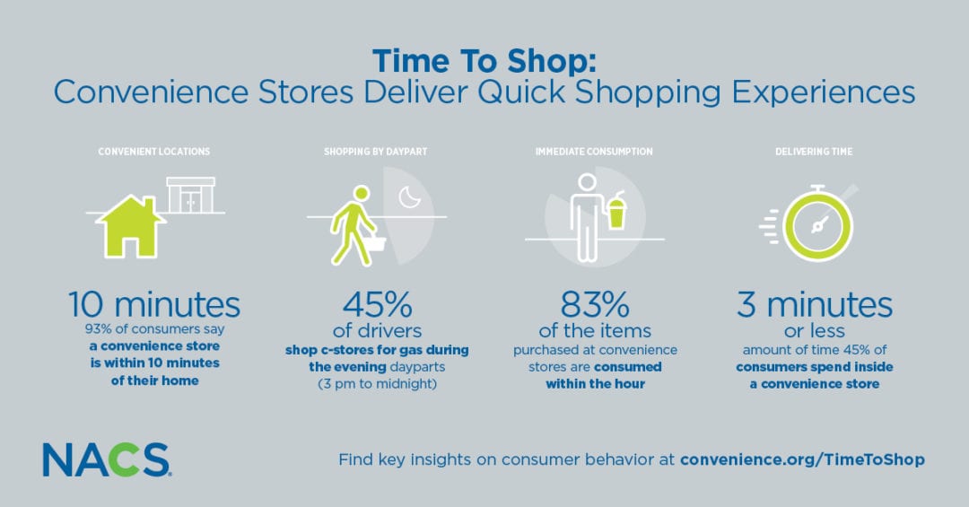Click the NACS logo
pos(106,459)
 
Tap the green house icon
pos(130,226)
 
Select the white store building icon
pos(191,196)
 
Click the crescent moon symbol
pos(409,197)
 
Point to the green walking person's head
pos(361,194)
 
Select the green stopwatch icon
pos(817,223)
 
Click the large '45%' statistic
pos(378,304)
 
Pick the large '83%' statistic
pos(595,304)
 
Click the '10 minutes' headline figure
pos(154,304)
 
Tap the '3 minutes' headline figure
pos(815,304)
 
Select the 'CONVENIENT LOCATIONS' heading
pos(154,152)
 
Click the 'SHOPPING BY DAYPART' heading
pos(376,152)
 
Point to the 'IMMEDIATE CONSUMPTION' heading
pos(594,152)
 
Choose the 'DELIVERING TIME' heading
pos(814,152)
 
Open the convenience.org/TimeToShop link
pos(802,459)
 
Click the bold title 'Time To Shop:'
pos(484,61)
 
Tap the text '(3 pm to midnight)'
pos(377,384)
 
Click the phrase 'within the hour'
pos(595,384)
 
